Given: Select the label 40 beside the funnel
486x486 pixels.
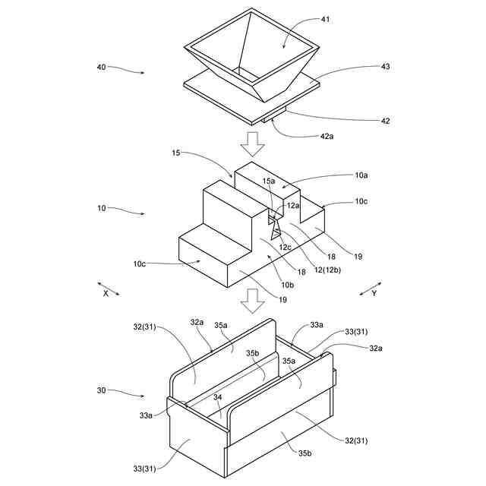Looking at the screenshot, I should (x=101, y=67).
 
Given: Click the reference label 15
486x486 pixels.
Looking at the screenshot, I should (x=176, y=153).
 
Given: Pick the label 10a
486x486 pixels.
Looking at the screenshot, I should (x=361, y=175).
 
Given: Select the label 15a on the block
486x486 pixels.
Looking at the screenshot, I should (x=270, y=181).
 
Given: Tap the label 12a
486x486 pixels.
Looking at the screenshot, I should (x=293, y=205).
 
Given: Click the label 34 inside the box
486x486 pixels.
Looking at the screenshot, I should (x=218, y=396).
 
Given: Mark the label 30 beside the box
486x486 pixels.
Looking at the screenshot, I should (x=101, y=390).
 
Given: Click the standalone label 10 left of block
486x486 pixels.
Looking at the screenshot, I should (x=101, y=207).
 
